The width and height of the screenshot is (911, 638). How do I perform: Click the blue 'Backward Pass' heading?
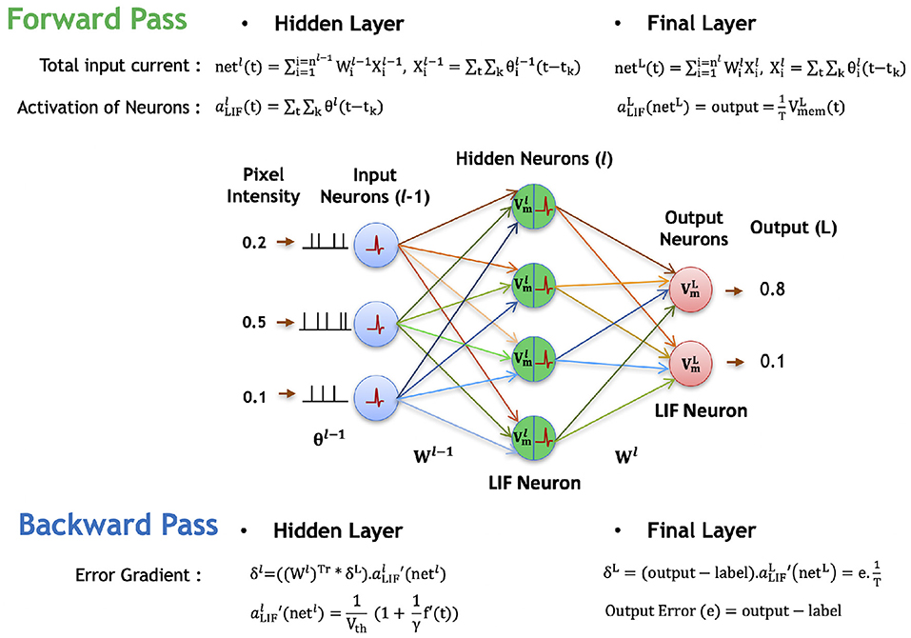(118, 525)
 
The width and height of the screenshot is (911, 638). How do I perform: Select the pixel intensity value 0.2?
(254, 243)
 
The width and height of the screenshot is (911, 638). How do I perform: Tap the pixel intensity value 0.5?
(254, 323)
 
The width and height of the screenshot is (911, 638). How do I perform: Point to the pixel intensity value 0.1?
(254, 396)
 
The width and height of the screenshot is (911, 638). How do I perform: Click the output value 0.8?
(773, 289)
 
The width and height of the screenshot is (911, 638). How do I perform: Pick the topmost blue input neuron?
(376, 244)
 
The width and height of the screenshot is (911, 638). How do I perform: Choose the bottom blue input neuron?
(376, 396)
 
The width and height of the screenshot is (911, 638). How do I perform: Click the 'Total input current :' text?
(120, 66)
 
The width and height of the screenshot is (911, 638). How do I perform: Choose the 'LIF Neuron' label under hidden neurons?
(533, 483)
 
